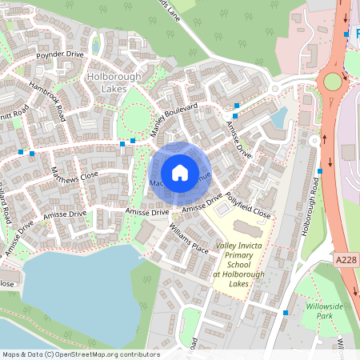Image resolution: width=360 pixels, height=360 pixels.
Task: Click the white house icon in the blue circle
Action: coord(179,173)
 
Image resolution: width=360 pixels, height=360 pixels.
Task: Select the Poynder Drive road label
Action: coord(60,55)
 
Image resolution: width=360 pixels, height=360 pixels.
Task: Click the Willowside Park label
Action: coord(323,310)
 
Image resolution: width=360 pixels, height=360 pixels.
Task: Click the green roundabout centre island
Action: coord(331,82)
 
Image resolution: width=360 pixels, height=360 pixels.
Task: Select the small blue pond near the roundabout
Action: coord(278,118)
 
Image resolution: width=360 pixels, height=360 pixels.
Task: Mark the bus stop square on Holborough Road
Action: coord(319,171)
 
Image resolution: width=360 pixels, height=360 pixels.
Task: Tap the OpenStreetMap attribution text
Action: coord(80,354)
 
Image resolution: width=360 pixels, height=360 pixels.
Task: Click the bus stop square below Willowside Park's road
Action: coord(285,312)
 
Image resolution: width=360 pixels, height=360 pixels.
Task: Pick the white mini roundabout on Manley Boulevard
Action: coord(274,89)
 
